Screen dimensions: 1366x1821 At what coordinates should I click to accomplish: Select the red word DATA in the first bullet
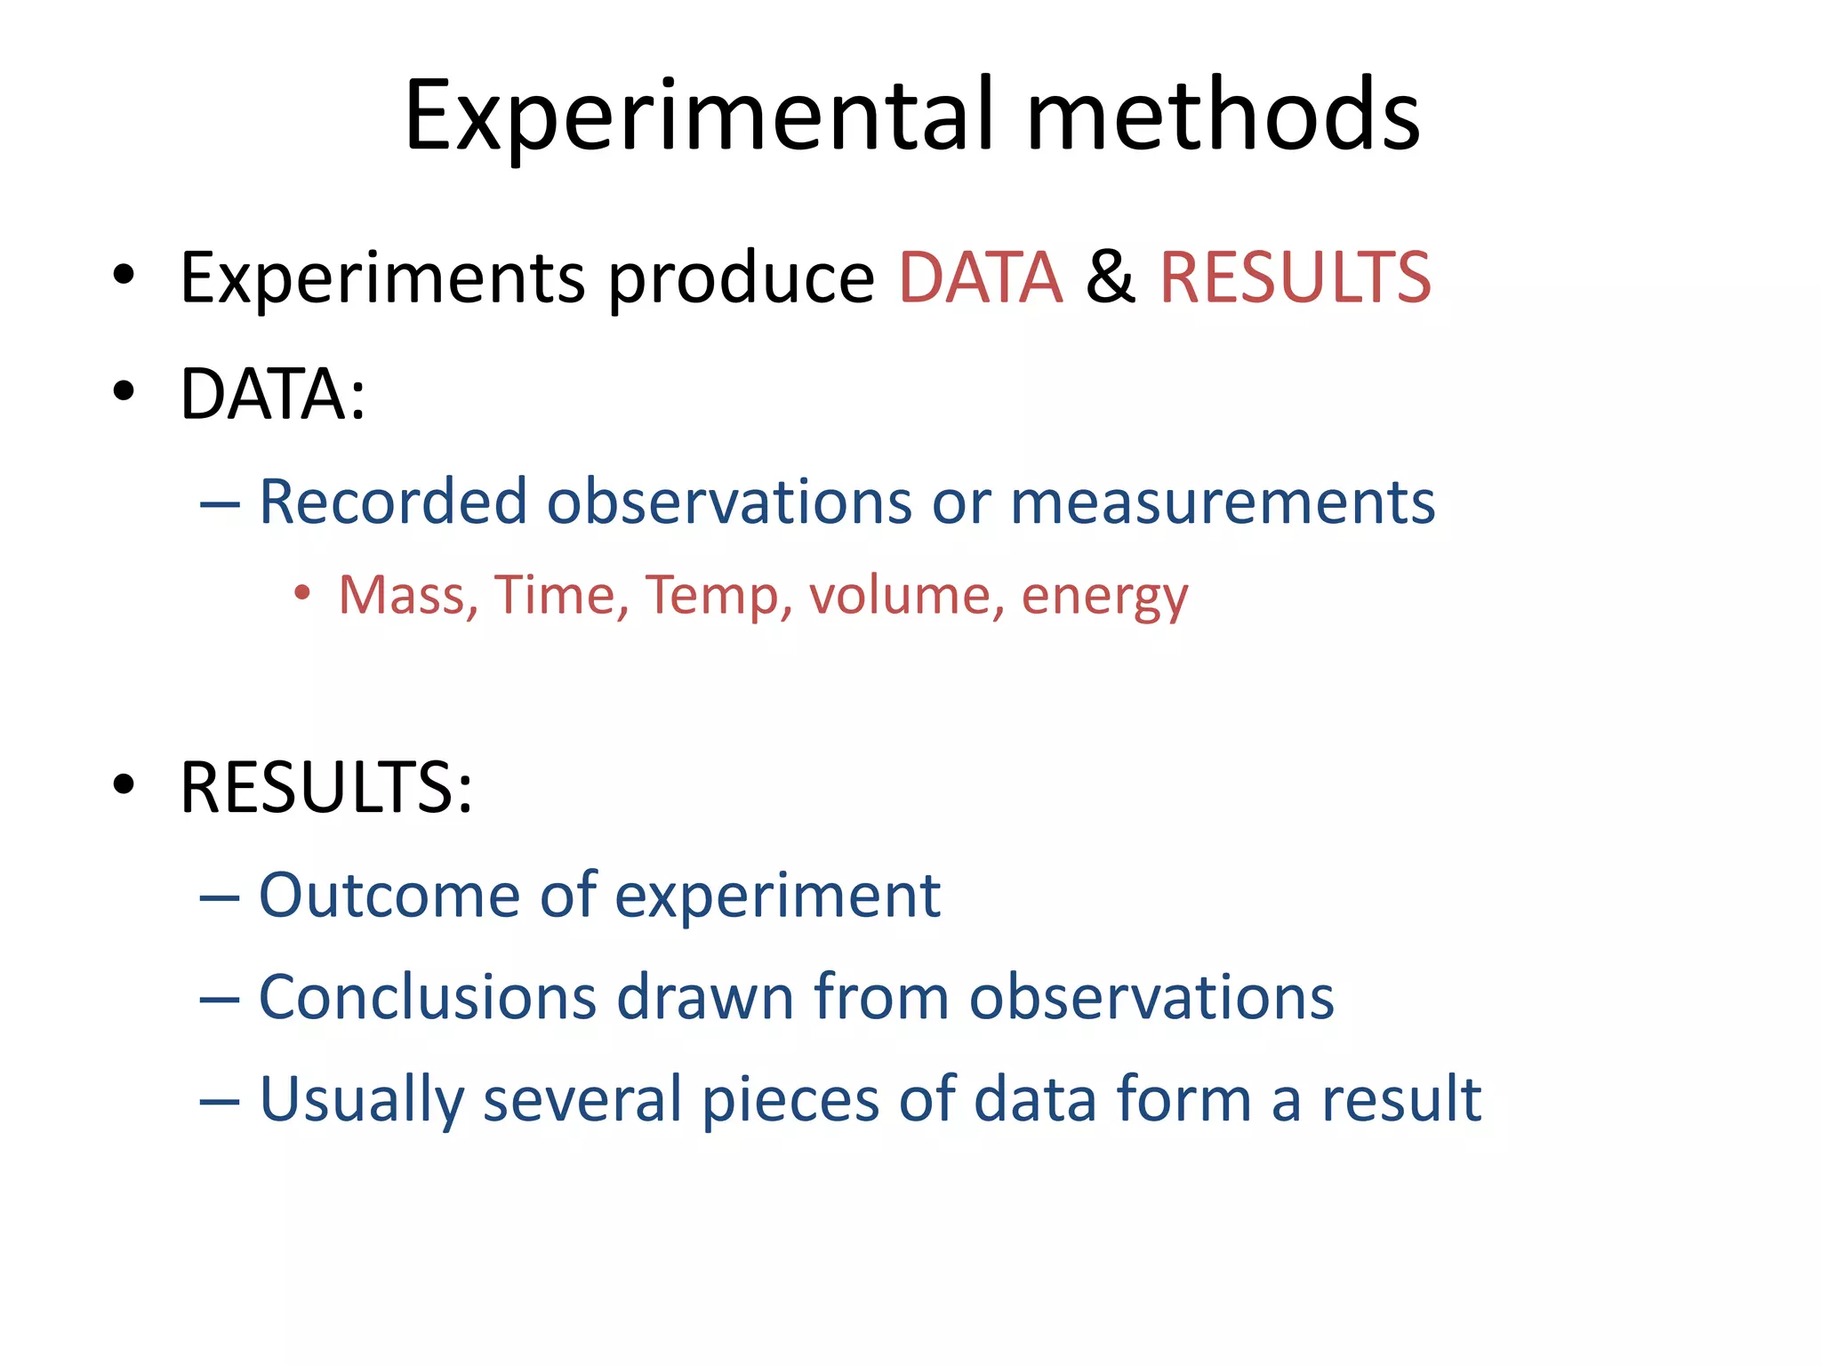click(x=981, y=277)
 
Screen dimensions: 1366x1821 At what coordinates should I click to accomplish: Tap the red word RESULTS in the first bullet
click(x=1296, y=277)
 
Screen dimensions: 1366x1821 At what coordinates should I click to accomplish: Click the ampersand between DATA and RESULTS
click(x=1111, y=277)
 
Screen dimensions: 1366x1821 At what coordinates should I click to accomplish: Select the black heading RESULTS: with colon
click(x=325, y=788)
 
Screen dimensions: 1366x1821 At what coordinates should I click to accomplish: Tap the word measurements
click(x=1223, y=502)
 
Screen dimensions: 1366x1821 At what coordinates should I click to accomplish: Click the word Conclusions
click(x=427, y=997)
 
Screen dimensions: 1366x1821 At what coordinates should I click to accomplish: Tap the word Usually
click(x=361, y=1101)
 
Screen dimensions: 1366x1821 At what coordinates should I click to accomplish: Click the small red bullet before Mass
click(x=302, y=593)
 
